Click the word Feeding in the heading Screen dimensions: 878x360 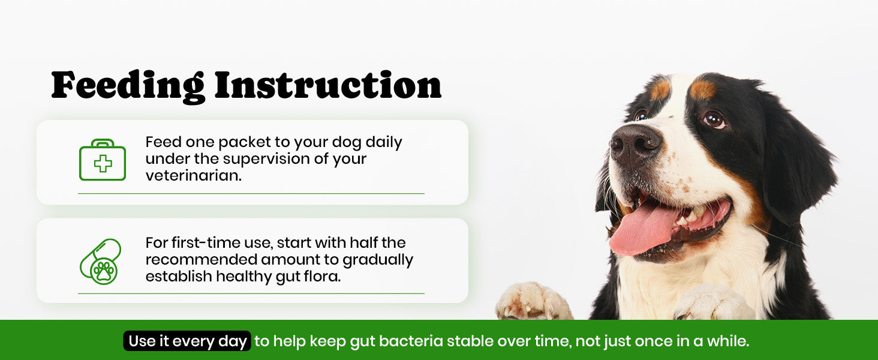128,87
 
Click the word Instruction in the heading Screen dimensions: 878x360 328,85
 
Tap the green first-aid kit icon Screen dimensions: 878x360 103,160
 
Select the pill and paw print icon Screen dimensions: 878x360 101,262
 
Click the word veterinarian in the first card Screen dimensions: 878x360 194,175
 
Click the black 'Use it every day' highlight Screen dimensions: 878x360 187,341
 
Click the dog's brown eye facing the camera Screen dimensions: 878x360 714,119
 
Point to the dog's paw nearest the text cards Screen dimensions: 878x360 534,301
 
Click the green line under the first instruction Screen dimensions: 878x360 251,193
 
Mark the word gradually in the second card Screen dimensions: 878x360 378,260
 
